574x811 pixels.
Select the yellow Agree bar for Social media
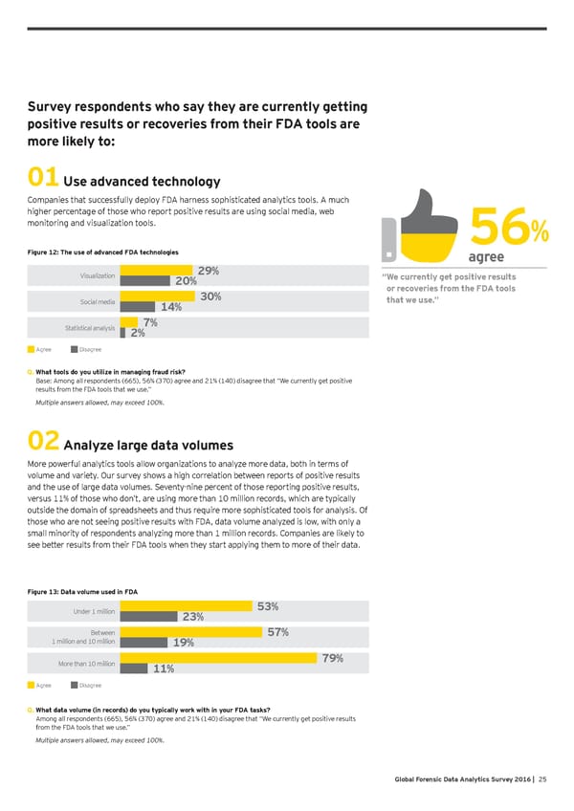point(159,296)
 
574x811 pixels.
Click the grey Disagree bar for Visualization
point(144,280)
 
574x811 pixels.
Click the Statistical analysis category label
point(90,329)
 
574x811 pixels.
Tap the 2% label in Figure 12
point(138,333)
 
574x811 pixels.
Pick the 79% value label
point(334,658)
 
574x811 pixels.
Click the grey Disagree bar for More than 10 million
point(133,669)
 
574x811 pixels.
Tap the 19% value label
point(185,643)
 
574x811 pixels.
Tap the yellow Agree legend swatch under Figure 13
point(32,685)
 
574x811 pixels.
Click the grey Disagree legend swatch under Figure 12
point(75,350)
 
